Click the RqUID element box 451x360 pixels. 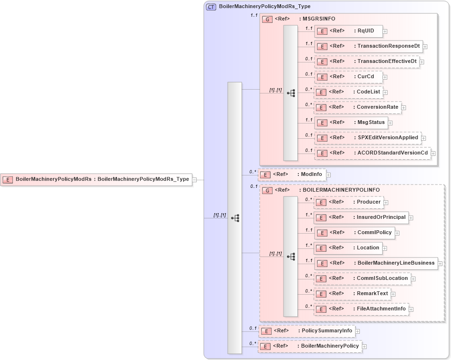pos(348,31)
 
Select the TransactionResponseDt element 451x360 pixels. pos(368,46)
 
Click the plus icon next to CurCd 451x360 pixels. pos(385,77)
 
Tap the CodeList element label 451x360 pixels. pos(368,92)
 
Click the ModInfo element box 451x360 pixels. pos(292,175)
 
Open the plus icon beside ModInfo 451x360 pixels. pos(328,175)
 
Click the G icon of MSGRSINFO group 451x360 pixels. pos(268,19)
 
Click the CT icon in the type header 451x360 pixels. pos(210,7)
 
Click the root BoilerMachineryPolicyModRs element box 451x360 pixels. pos(96,180)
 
